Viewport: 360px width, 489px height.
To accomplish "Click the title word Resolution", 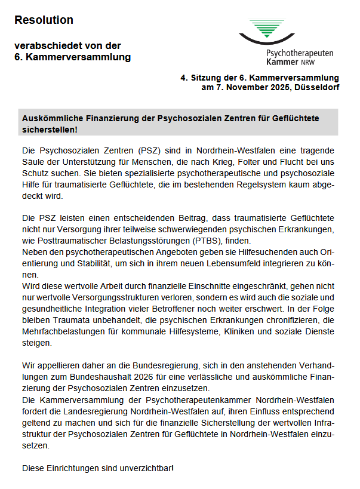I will [x=44, y=20].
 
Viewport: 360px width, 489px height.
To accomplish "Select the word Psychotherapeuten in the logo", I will [x=300, y=53].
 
